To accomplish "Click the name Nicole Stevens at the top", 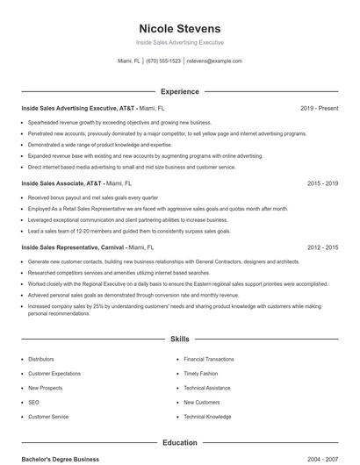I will (x=180, y=28).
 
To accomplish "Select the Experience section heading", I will (x=180, y=91).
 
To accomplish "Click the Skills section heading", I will (x=180, y=339).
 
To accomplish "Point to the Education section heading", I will (x=180, y=443).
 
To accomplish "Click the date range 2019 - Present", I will (x=319, y=108).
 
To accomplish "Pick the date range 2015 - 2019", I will (x=322, y=184).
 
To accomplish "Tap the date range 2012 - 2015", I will (x=322, y=248).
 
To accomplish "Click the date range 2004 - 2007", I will (x=322, y=460).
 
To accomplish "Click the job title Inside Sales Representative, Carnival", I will (x=73, y=248).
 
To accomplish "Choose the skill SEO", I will (x=33, y=402).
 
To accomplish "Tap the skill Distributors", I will (x=40, y=359).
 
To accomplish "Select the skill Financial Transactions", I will (x=209, y=359).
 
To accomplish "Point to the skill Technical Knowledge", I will (x=207, y=416).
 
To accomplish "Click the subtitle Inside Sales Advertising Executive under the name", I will (x=180, y=42).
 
